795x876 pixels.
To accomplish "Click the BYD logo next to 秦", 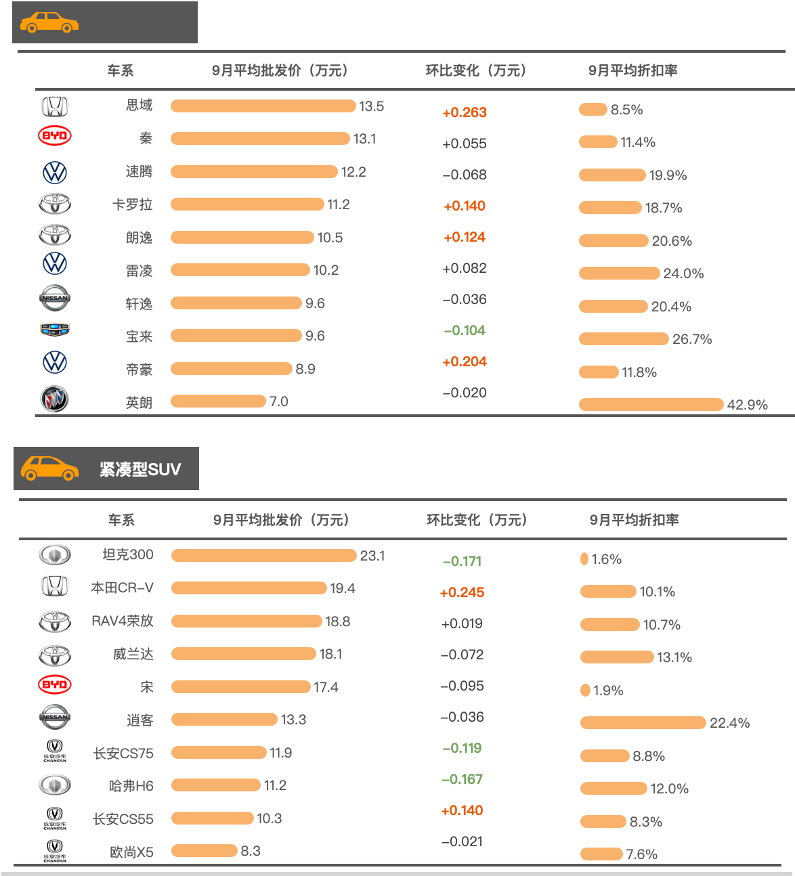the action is (x=55, y=136).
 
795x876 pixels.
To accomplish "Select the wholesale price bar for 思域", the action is (x=263, y=106).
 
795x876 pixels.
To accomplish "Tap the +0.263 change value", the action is (x=465, y=112).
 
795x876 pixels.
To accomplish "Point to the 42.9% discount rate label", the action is (x=747, y=404).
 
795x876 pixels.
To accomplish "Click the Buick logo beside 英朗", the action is (x=55, y=399).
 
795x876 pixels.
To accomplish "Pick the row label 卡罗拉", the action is (x=132, y=204).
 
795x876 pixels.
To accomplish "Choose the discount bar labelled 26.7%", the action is (x=624, y=339).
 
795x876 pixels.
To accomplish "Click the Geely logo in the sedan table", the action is (x=55, y=329).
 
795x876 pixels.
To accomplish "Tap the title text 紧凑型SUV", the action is (x=139, y=469).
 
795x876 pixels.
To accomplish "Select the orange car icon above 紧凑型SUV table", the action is (x=50, y=468).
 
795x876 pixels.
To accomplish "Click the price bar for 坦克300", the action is (x=264, y=556).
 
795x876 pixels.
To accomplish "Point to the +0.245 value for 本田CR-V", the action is (x=462, y=592).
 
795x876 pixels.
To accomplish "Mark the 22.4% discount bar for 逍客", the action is (x=643, y=723).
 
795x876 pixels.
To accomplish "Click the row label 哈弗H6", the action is (x=131, y=785).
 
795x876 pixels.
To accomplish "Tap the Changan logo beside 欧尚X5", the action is (x=55, y=851).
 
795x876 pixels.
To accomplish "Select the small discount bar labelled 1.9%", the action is (x=585, y=690).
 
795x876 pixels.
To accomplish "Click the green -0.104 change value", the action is (x=465, y=330).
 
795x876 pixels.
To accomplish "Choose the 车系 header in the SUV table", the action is (x=121, y=520).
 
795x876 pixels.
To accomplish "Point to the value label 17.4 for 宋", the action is (x=326, y=687).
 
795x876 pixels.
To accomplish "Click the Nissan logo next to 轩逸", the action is (x=55, y=299).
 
